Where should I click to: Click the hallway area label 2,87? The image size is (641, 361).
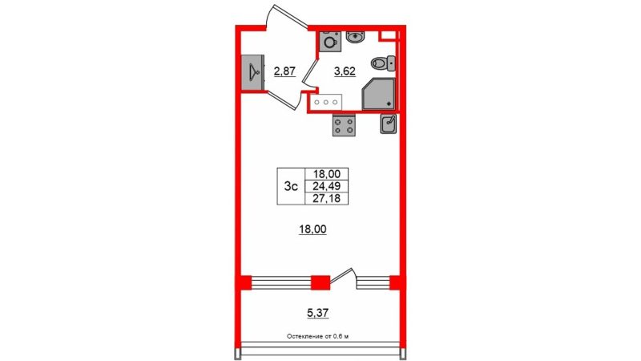coord(284,71)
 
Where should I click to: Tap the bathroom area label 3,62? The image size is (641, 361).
coord(345,71)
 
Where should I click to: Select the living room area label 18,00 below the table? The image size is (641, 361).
coord(312,229)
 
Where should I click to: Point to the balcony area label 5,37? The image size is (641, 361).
coord(317,314)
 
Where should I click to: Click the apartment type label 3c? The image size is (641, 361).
coord(291,187)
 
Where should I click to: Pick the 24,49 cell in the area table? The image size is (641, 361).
coord(326,187)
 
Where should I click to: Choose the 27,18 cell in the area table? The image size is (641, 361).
coord(326,198)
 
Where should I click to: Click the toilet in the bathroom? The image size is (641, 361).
coord(383,63)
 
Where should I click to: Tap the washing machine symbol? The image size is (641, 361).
coord(329,42)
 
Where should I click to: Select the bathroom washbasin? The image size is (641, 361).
coord(356,37)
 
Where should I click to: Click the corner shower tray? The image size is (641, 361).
coord(378,94)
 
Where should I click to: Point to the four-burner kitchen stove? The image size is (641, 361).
coord(344,125)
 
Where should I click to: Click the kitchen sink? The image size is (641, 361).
coord(388,124)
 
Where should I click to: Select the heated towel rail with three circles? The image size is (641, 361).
coord(326,102)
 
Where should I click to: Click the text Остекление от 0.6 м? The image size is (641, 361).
coord(317,337)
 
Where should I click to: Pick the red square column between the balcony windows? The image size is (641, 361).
coord(320,283)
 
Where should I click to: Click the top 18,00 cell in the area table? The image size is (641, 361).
coord(326,174)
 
